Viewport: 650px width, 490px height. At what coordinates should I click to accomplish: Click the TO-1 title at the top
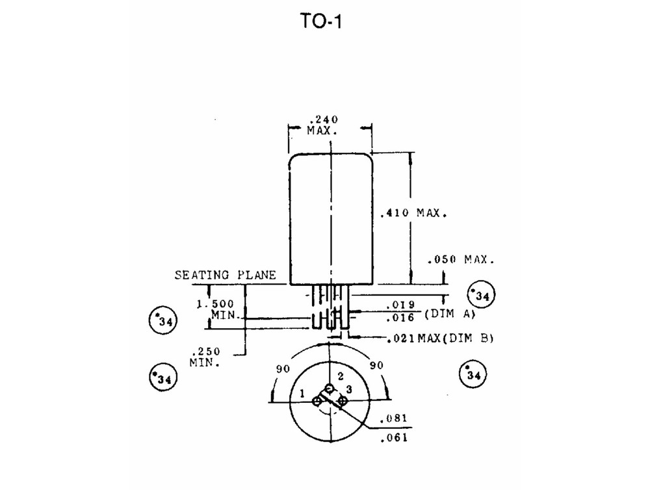320,22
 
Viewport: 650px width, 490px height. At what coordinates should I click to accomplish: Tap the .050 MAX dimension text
461,259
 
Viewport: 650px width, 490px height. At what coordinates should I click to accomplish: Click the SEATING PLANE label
225,275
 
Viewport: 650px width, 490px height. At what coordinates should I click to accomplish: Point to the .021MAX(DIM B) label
440,339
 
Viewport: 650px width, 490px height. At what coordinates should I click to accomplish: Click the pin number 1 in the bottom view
302,393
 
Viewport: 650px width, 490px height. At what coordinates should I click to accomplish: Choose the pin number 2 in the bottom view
339,378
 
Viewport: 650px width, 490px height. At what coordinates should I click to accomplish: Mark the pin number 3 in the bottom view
349,389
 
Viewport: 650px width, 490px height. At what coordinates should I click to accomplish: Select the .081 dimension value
395,418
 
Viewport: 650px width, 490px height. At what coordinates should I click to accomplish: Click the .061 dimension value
395,437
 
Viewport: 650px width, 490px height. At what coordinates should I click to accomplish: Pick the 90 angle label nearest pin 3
377,366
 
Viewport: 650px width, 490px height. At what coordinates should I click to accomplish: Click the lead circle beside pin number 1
317,402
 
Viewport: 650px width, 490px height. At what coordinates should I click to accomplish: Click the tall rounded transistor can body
331,218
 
